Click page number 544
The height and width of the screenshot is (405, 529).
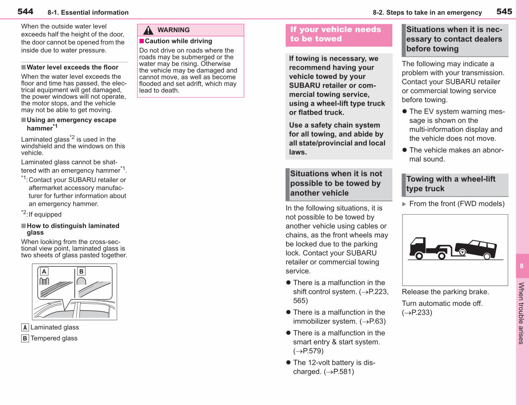coord(25,11)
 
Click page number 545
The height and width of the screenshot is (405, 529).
coord(504,11)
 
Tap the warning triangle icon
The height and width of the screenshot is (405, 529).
coord(148,30)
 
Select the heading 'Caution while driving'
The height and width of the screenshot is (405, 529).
coord(179,41)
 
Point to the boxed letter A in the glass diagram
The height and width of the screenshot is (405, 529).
coord(44,271)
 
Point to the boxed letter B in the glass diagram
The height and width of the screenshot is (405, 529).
coord(81,271)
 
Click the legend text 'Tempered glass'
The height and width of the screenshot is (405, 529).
coord(54,338)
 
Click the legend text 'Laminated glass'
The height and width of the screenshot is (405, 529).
coord(55,327)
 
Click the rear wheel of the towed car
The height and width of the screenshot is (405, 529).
coord(487,256)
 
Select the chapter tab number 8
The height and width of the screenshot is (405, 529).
coord(522,266)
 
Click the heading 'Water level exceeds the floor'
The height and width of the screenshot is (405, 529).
coord(72,67)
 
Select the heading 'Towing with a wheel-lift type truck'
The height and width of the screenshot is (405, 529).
coord(451,184)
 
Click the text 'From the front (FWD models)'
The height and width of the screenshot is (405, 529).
coord(457,204)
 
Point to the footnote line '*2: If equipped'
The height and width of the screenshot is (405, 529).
coord(41,214)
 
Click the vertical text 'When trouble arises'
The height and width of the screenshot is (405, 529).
coord(521,313)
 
